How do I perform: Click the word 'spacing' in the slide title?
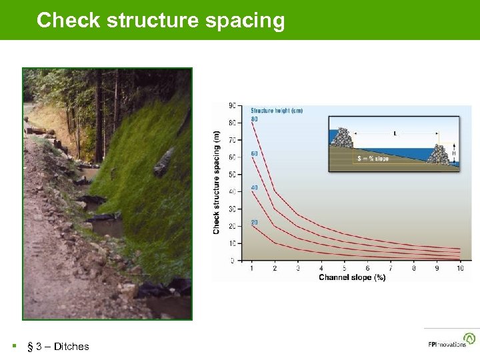tap(245, 21)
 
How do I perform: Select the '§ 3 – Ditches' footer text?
tap(57, 346)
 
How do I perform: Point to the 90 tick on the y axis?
tap(231, 105)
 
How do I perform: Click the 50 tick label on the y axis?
tap(231, 175)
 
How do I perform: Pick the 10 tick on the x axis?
tap(459, 268)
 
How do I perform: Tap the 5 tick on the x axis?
tap(344, 268)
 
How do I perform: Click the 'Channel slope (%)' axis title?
tap(352, 277)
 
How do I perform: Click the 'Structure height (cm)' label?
tap(276, 111)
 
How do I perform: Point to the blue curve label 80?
tap(254, 119)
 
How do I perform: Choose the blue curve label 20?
tap(254, 222)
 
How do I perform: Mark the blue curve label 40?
tap(254, 188)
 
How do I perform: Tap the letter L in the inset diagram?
tap(395, 133)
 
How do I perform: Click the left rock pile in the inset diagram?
tap(341, 139)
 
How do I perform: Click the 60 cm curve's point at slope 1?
tap(251, 157)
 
